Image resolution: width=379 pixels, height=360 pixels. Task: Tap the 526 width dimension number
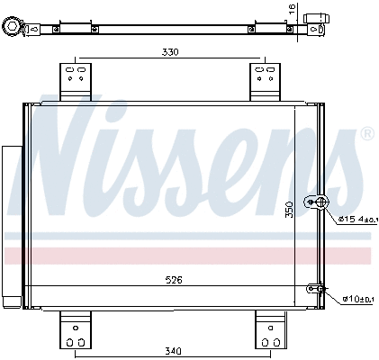pos(174,280)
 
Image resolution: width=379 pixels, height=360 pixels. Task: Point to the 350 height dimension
pos(289,209)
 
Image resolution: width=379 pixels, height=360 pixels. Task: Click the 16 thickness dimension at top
pos(291,11)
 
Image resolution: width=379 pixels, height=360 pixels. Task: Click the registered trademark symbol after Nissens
pos(366,134)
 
